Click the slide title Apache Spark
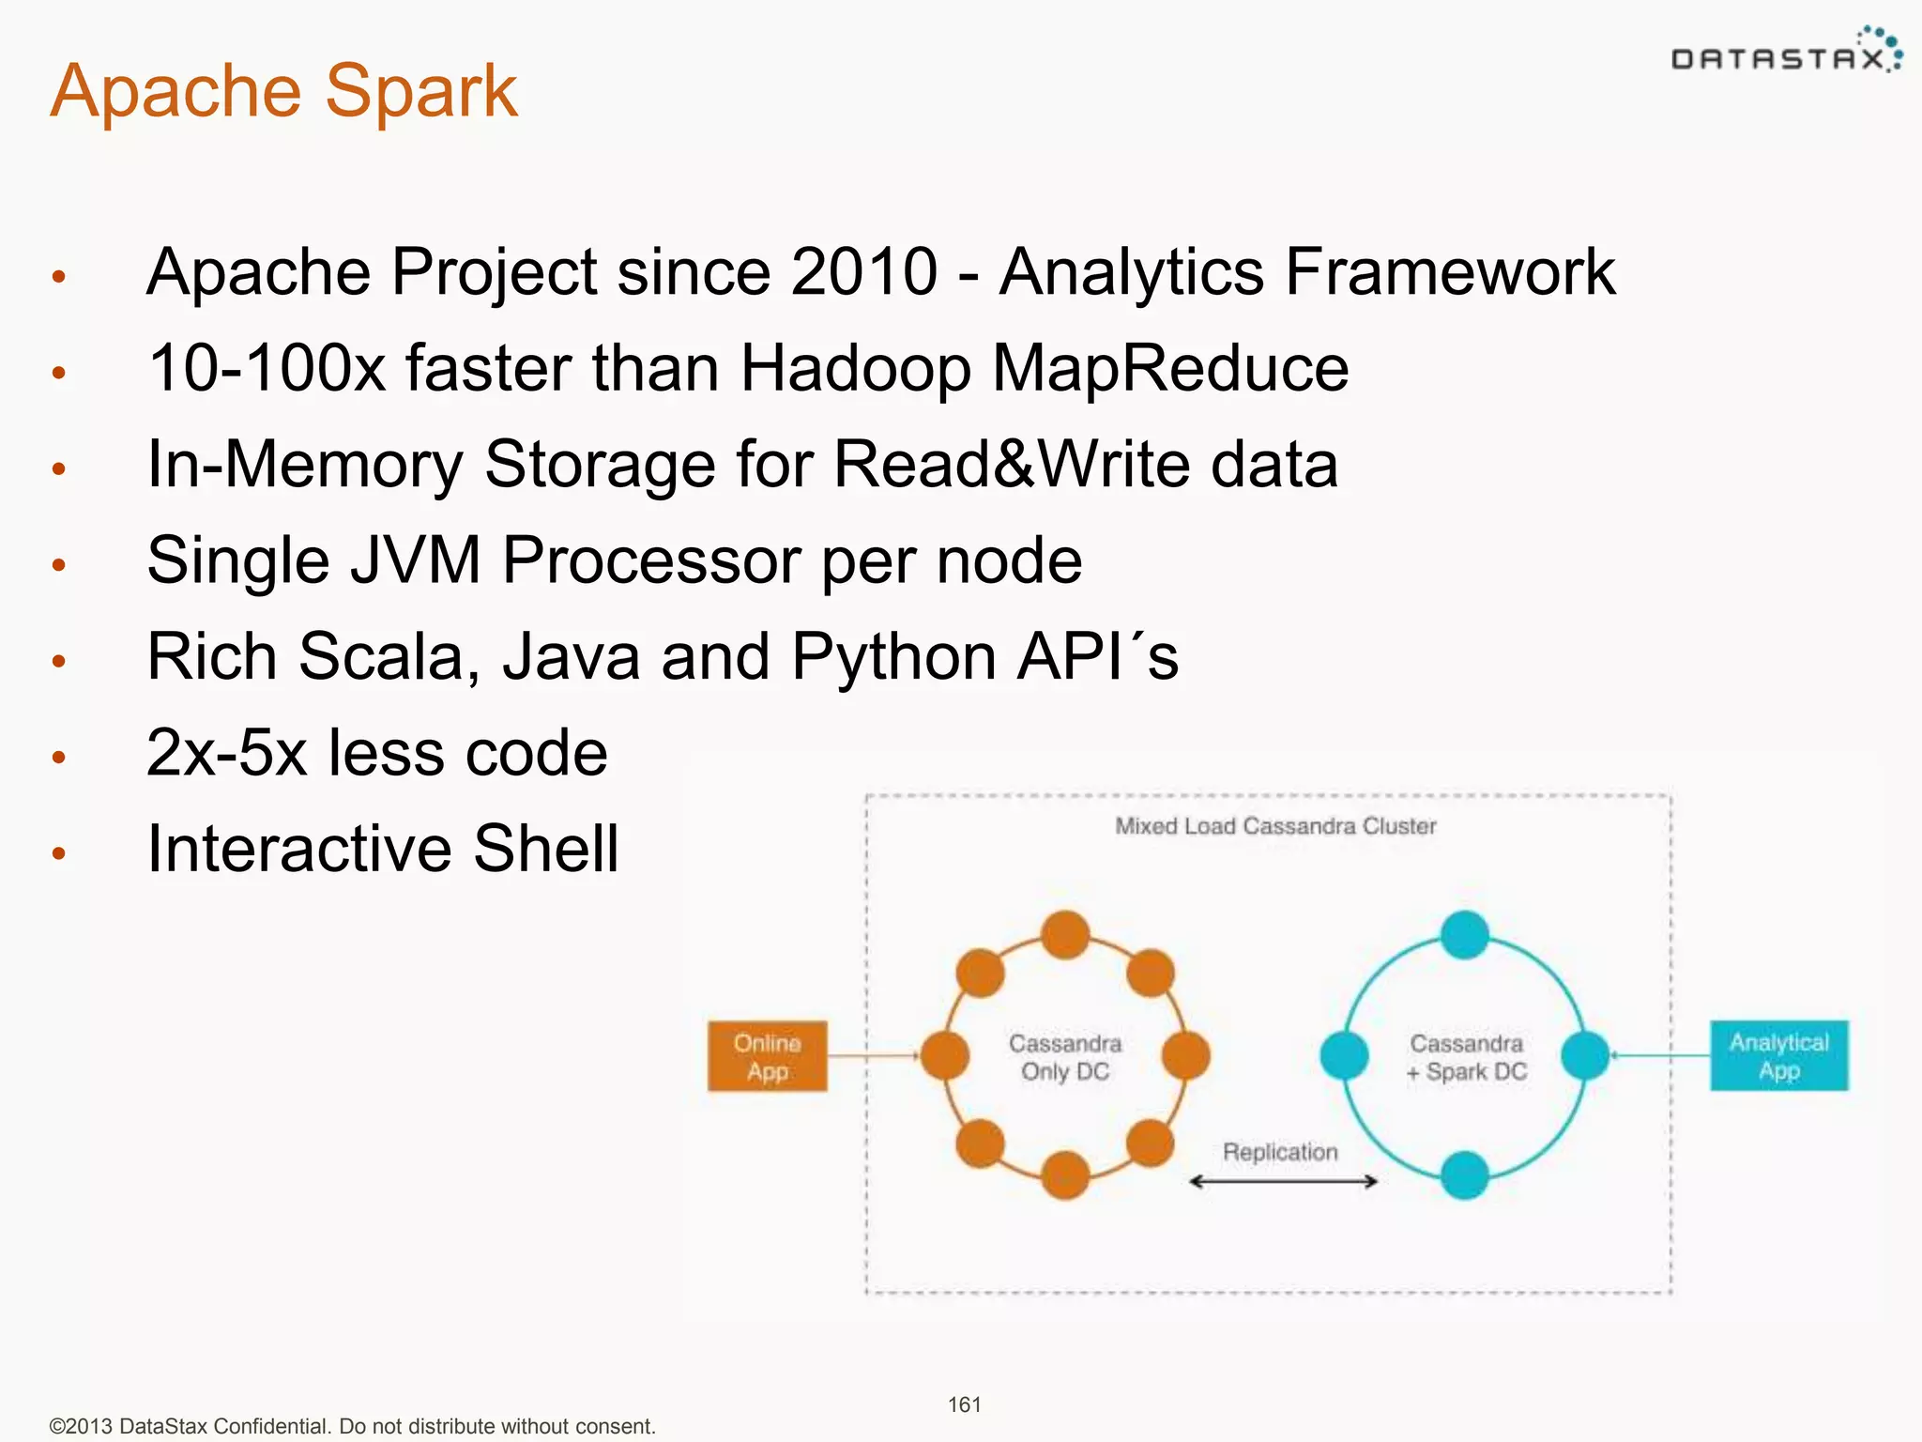pos(283,91)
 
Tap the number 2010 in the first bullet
pos(863,272)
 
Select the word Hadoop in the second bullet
pos(855,368)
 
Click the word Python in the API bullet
pos(892,656)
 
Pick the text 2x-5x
pos(226,753)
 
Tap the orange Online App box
pos(767,1056)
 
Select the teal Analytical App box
pos(1778,1056)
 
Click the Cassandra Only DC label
pos(1065,1057)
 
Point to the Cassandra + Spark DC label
pos(1466,1057)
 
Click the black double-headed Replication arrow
pos(1283,1181)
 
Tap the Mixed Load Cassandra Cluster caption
pos(1274,826)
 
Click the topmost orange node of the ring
pos(1065,935)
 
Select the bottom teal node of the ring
pos(1464,1175)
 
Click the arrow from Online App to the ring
pos(873,1056)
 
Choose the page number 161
pos(964,1404)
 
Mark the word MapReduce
pos(1170,368)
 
